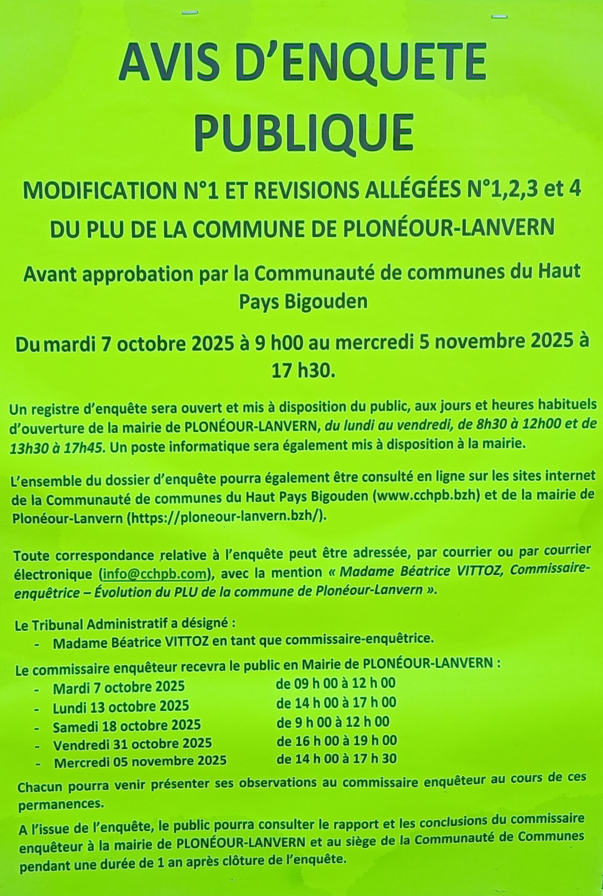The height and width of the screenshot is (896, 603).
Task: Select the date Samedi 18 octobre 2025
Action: [126, 726]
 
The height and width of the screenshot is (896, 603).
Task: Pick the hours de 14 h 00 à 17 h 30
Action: [337, 759]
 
